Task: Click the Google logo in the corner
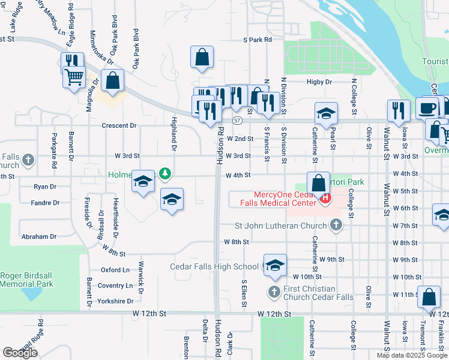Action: (20, 353)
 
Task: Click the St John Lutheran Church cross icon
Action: (336, 226)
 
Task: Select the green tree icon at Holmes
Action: (166, 174)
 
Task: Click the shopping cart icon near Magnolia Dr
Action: (74, 77)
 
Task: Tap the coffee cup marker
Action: (427, 108)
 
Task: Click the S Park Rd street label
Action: (258, 40)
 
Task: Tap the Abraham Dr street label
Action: (39, 236)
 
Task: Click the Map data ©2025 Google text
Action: (411, 355)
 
